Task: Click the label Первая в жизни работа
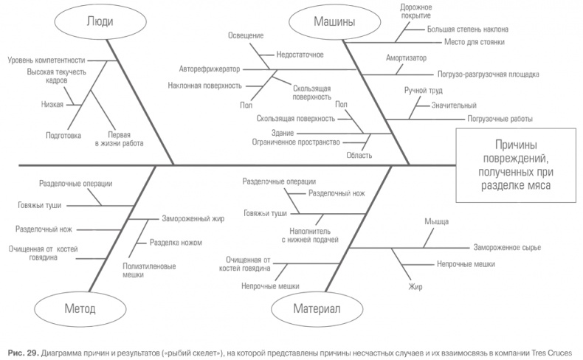tap(119, 140)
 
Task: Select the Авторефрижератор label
tap(209, 69)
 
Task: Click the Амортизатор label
tap(405, 57)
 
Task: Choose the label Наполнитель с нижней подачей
tap(310, 235)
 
